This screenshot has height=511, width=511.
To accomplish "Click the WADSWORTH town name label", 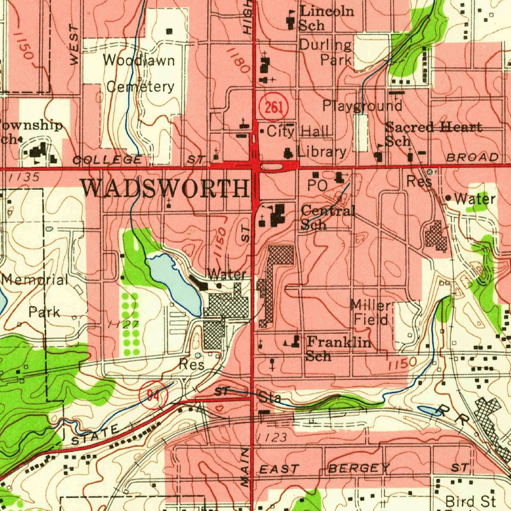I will click(165, 189).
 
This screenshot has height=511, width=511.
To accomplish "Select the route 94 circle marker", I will click(153, 395).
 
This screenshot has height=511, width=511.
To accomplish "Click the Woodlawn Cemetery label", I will click(140, 73).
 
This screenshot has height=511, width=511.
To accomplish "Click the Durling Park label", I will click(325, 52).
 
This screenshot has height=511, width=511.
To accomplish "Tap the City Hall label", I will click(298, 132).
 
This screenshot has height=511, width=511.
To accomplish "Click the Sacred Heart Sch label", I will click(432, 133).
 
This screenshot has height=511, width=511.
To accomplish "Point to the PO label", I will click(317, 185).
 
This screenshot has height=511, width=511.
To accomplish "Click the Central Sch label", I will click(327, 218).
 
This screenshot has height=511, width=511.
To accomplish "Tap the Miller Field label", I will click(371, 312).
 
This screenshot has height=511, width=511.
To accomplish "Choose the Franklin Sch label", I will click(338, 348).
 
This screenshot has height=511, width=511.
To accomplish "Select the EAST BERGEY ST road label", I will click(364, 468).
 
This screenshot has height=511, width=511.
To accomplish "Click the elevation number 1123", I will click(272, 438).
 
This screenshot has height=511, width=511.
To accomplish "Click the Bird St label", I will click(471, 501).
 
